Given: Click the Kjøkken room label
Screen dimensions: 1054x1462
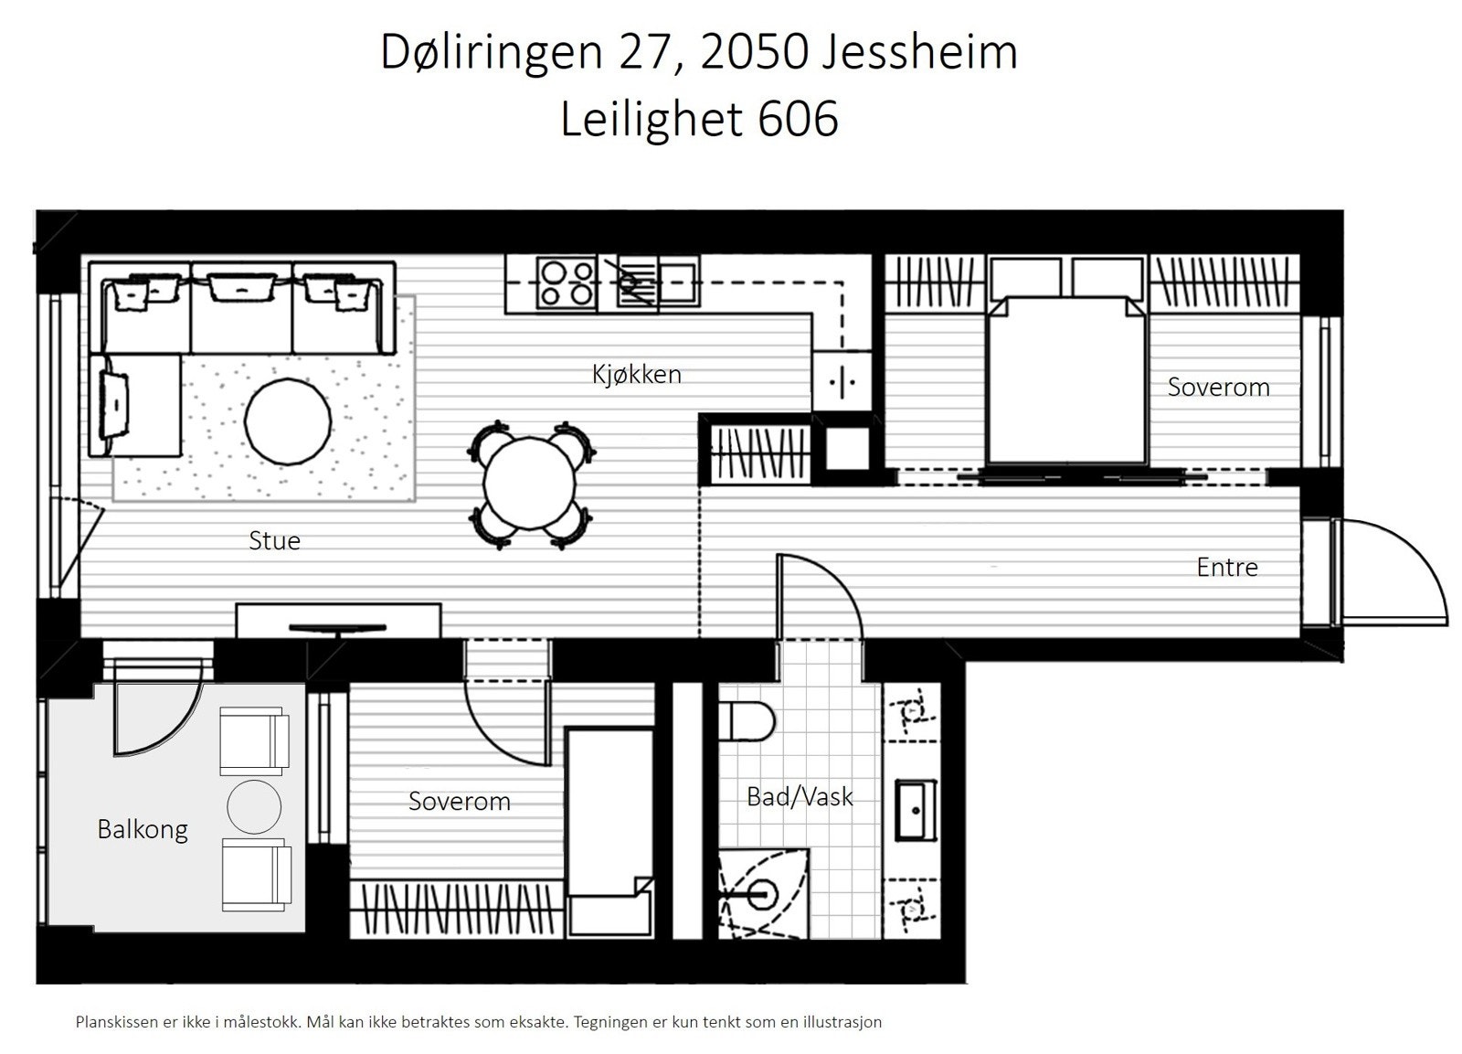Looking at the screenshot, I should point(636,374).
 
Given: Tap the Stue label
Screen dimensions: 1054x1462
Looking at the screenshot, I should point(274,540).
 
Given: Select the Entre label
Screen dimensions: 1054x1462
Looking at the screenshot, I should point(1226,567).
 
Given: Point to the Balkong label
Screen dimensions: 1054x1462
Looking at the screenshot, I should point(143,829).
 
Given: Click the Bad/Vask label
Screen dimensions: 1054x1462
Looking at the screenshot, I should point(800,796).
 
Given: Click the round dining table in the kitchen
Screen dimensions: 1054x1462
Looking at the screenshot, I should point(530,485).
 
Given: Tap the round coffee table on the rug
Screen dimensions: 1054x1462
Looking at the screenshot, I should point(288,421).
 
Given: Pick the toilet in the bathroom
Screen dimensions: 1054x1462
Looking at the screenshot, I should point(749,721).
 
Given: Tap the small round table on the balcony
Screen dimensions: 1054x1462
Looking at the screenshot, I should point(254,806).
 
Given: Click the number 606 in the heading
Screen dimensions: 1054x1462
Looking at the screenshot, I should point(798,120).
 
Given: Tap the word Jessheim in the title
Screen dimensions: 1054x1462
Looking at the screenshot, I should point(919,52).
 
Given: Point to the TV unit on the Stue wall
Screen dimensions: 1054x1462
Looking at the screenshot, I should point(338,621).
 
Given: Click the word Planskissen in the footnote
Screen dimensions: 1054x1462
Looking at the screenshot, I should point(117,1022).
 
